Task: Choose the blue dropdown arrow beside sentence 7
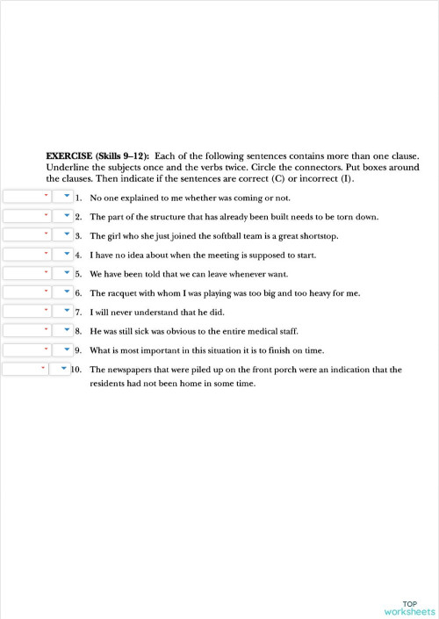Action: [x=67, y=312]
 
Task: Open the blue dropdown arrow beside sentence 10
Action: [x=63, y=370]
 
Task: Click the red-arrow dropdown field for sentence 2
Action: [x=26, y=216]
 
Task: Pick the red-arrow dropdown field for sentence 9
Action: [x=26, y=349]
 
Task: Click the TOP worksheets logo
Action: [x=409, y=608]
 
